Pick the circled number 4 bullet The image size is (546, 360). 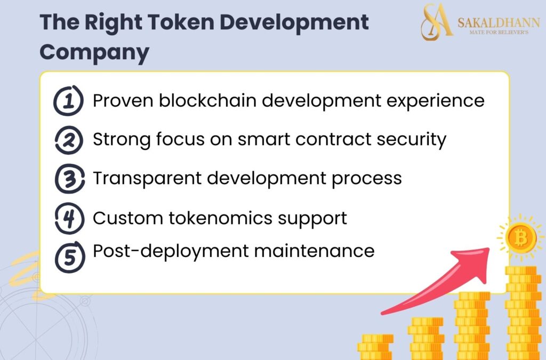pyautogui.click(x=68, y=218)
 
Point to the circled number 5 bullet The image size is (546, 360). pyautogui.click(x=68, y=255)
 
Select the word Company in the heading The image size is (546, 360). pyautogui.click(x=94, y=52)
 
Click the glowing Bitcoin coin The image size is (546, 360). pyautogui.click(x=521, y=237)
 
